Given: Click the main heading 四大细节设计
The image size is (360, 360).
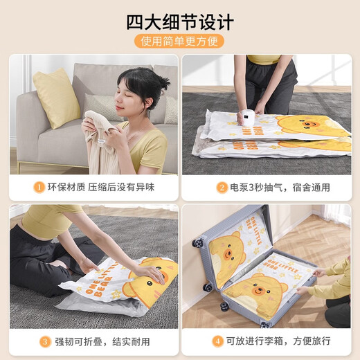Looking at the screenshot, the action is point(180,22).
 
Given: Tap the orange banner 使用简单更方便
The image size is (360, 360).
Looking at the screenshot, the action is point(179,42).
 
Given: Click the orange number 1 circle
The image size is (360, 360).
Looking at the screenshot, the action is point(39,187).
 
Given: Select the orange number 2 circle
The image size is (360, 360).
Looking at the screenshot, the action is point(222,188).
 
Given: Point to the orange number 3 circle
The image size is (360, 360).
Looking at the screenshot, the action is point(45,341).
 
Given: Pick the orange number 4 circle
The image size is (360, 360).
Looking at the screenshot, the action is point(217,341).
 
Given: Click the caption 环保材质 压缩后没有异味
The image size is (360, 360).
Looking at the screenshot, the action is point(101,187).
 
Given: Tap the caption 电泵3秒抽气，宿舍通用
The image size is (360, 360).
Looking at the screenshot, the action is point(280,188).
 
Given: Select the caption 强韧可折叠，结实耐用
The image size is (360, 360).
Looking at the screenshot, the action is point(102,342).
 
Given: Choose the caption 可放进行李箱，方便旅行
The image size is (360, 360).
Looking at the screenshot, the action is point(278,341).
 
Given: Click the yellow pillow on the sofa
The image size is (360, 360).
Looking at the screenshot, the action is point(57,98).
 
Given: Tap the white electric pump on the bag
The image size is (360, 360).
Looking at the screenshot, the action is point(246,117).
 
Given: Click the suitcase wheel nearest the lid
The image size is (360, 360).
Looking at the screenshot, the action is point(198,243).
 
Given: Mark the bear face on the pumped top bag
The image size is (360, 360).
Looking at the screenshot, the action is point(311,126).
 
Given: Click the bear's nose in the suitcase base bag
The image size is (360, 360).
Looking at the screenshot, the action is point(260,290).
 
